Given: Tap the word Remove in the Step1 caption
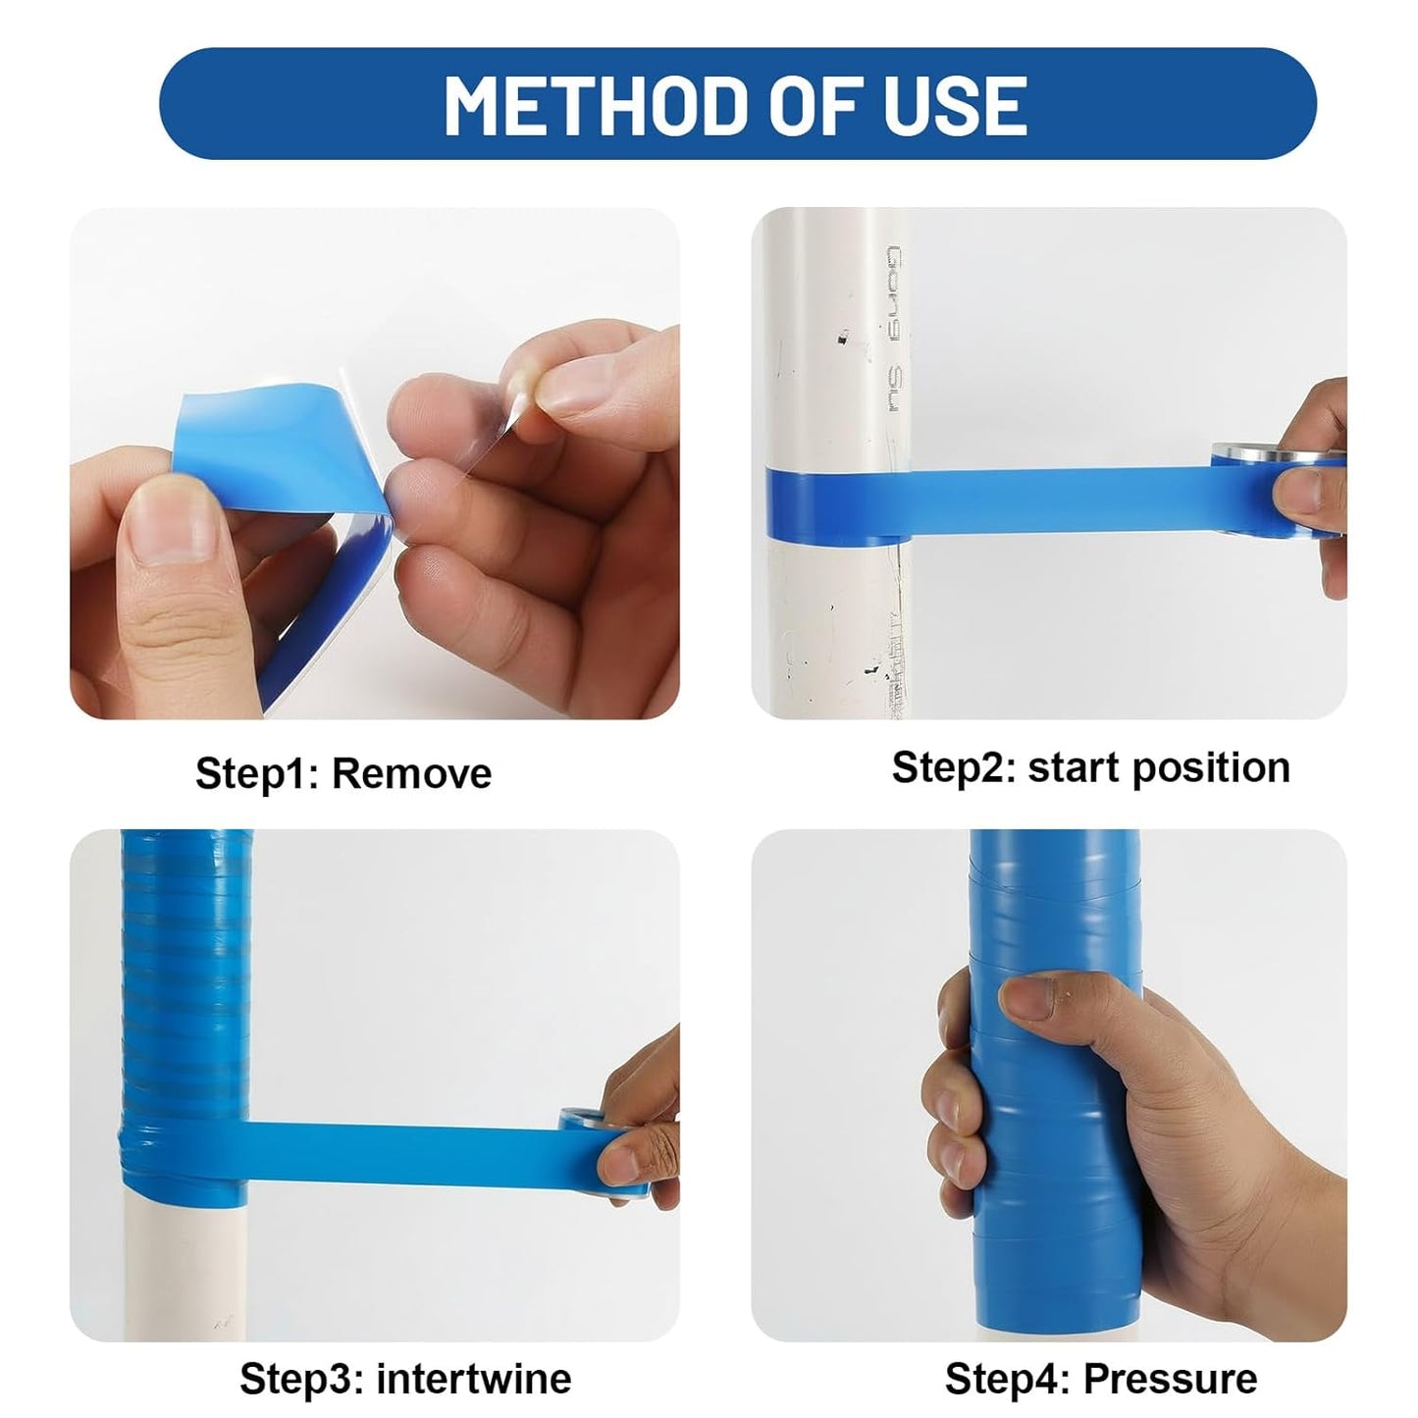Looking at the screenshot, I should point(411,773).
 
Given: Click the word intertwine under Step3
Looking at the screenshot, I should point(473,1378).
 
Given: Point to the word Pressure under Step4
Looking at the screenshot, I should point(1170,1378).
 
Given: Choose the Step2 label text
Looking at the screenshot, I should point(951,767).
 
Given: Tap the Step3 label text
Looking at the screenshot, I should point(301,1378).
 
